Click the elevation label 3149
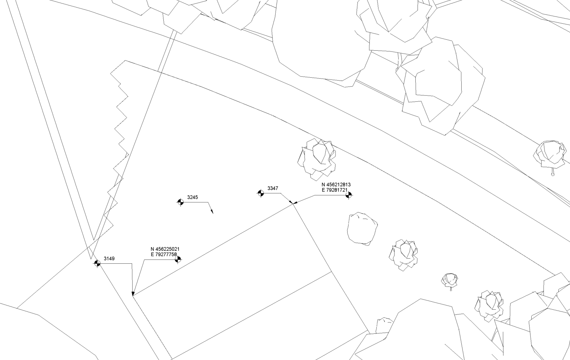coord(109,259)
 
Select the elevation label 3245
coord(193,197)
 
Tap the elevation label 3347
coord(272,188)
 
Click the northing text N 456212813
coord(336,185)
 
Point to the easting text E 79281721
coord(334,190)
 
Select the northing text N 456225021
coord(165,249)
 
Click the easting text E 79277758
coord(163,254)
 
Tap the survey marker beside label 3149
coord(97,263)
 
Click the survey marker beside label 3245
coord(181,202)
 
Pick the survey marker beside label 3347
coord(261,193)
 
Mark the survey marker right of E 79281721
coord(349,195)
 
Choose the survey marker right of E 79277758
coord(178,259)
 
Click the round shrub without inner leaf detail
coord(362,228)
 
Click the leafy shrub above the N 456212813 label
coord(317,159)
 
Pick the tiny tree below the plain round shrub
coord(450,281)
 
